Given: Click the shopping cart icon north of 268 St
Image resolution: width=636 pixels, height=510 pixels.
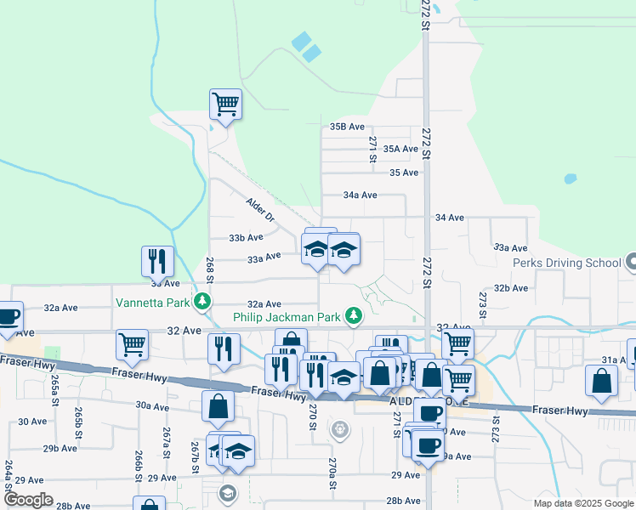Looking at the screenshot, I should coord(225,105).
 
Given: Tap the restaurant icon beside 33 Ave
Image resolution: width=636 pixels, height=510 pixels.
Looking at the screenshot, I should coord(157,261).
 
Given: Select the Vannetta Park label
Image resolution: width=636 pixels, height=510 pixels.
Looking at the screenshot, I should coord(153,302).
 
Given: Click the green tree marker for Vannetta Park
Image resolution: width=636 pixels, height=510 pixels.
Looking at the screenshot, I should coord(202,301).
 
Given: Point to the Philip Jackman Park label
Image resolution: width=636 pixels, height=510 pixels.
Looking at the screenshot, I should coord(288,318).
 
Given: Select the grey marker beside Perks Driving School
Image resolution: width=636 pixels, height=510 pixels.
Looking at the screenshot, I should coord(630,263).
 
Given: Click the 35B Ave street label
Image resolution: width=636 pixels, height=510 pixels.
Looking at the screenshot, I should coord(347,127).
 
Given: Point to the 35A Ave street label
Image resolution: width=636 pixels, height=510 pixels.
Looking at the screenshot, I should coord(400,149).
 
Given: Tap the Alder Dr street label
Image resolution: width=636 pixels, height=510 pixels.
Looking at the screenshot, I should coord(260,211).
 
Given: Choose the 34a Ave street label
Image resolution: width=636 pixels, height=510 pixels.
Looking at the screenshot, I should coord(360,195).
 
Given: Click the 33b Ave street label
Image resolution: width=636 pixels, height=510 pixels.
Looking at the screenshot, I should coord(247,238).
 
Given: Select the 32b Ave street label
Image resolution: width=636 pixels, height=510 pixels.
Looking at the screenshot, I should coord(511,288).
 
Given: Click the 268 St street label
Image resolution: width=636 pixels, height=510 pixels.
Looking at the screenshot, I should coord(209,271).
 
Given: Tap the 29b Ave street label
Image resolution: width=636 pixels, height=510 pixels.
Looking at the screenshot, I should coord(60,448).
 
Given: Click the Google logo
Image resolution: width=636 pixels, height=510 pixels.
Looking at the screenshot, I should coord(27,500).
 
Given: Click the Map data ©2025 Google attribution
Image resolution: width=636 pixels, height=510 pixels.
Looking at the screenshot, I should coord(582,503).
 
